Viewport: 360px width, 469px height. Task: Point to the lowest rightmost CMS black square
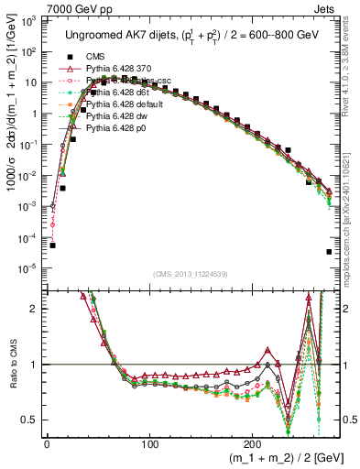click(329, 252)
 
